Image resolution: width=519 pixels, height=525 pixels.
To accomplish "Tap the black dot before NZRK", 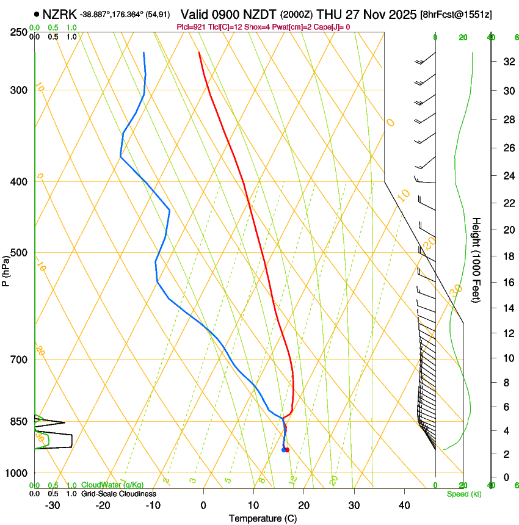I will click(38, 13).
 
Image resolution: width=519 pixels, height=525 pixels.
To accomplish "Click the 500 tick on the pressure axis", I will click(19, 253).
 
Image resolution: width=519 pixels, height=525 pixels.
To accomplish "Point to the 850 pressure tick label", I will click(19, 421).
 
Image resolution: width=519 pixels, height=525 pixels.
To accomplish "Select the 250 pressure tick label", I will click(19, 32).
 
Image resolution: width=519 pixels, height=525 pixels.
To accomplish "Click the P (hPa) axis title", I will click(5, 269).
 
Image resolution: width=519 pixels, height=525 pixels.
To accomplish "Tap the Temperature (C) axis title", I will click(263, 518).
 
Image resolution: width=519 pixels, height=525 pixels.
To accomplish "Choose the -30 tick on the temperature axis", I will click(53, 505).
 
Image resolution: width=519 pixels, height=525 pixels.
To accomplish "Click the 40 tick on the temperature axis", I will click(404, 505).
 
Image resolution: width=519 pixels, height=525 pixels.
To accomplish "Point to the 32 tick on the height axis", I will click(507, 62).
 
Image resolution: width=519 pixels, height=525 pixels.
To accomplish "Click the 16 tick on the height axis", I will click(507, 283).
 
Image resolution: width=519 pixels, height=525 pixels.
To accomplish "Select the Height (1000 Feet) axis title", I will click(476, 259).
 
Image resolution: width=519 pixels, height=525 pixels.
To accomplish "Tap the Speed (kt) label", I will click(463, 494).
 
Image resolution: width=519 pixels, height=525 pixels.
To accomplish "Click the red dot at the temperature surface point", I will click(287, 450).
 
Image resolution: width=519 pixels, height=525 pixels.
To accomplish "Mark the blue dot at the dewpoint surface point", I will click(283, 450).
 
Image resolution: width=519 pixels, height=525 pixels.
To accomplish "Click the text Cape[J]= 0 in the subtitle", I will click(332, 27).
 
